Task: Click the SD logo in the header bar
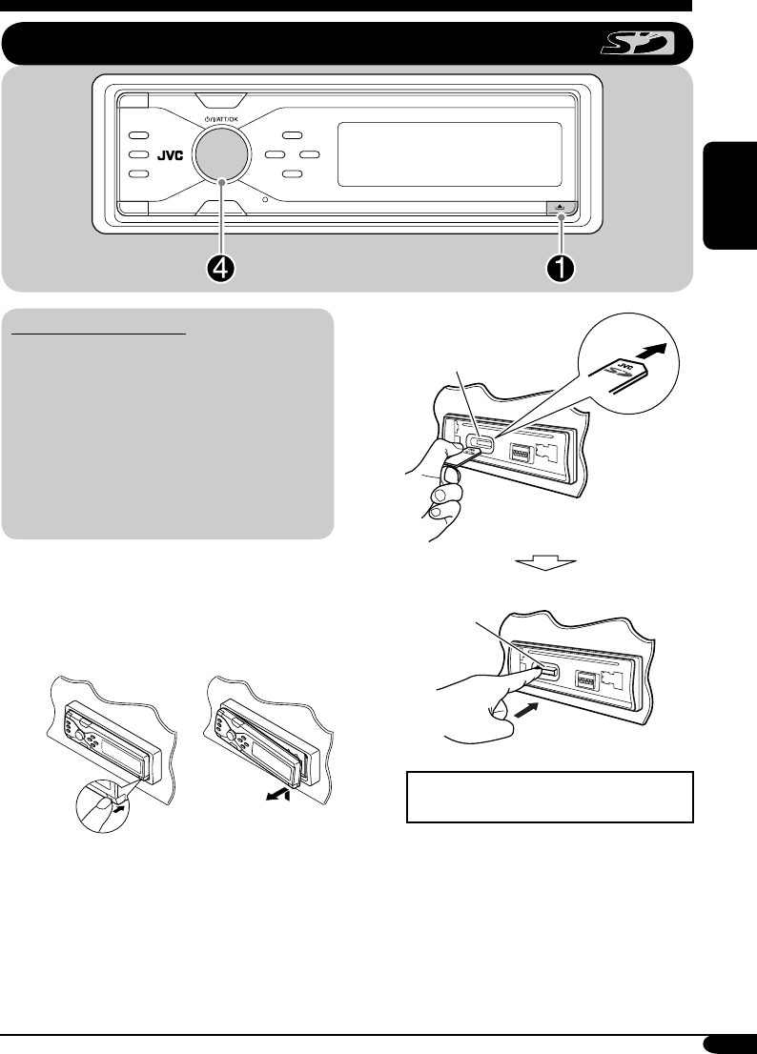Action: (x=637, y=45)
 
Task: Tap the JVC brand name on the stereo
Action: (x=170, y=156)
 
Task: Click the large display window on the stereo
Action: (x=450, y=154)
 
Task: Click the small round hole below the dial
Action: (x=265, y=199)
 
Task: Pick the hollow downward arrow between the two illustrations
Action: (x=546, y=562)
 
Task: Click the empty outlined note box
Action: (x=549, y=798)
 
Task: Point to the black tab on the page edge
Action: (x=730, y=195)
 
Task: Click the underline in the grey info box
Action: (x=99, y=332)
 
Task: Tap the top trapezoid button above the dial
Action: (x=221, y=100)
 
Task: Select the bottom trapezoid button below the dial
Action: (x=221, y=209)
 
